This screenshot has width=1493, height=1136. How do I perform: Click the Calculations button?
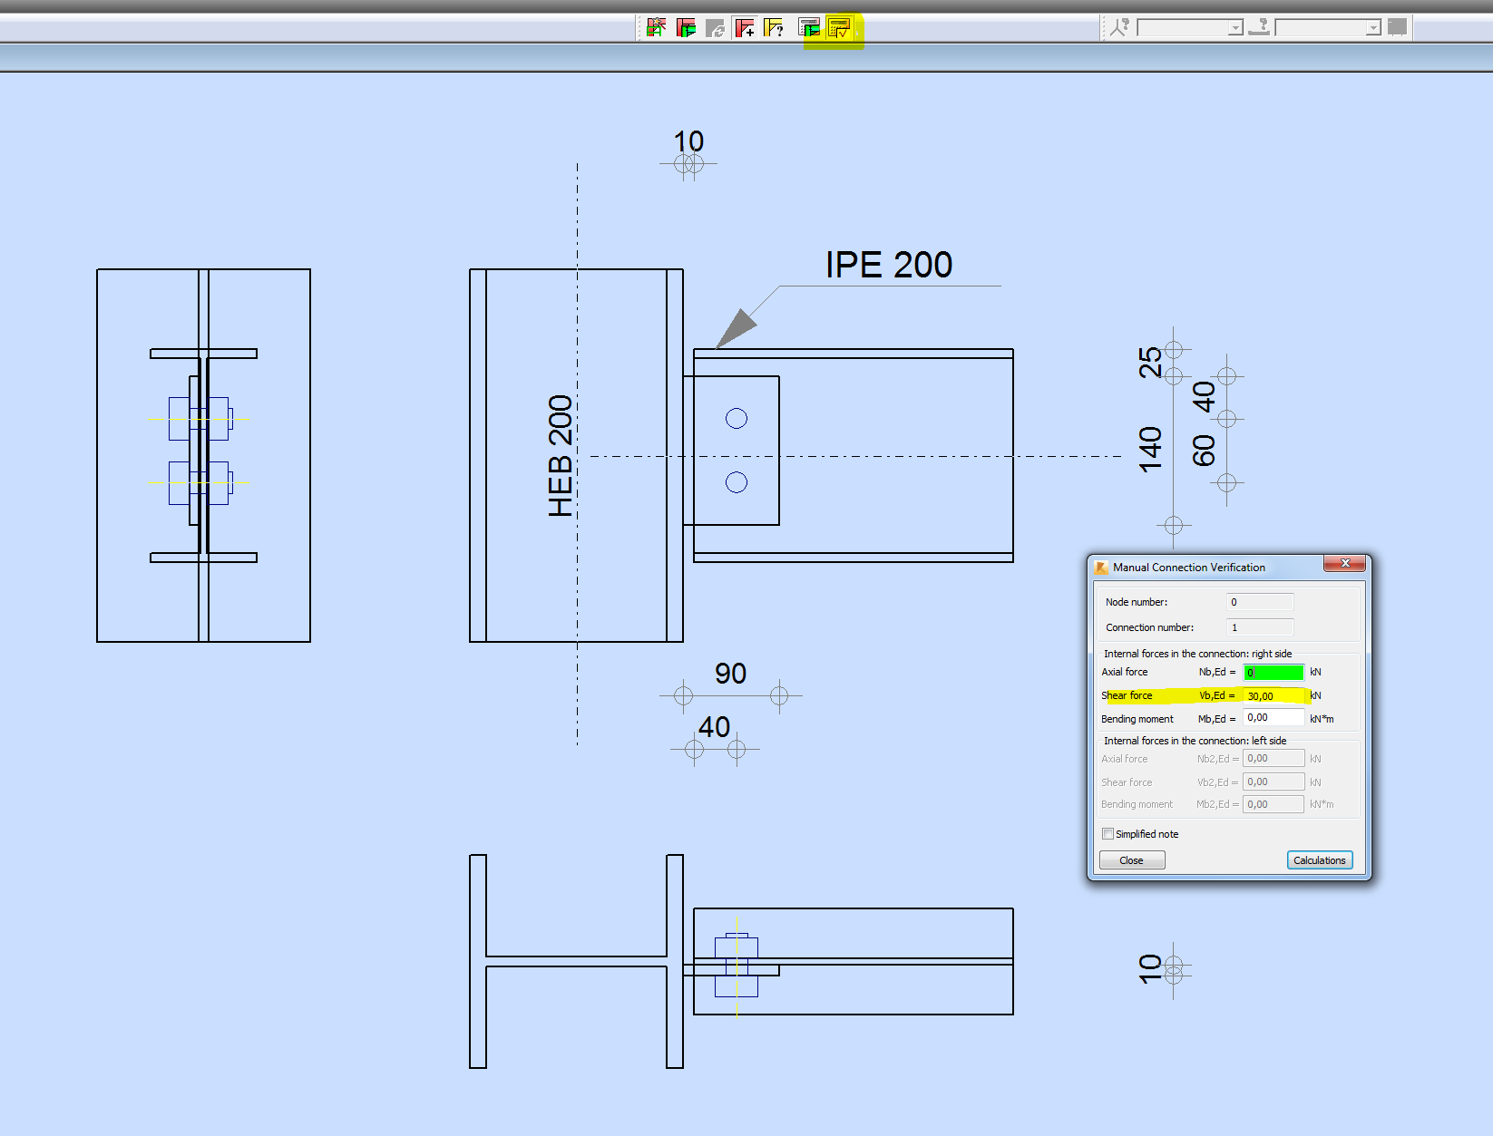pyautogui.click(x=1319, y=860)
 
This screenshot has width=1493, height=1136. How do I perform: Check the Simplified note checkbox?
pyautogui.click(x=1108, y=834)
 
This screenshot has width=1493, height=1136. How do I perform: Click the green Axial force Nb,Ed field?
pyautogui.click(x=1273, y=673)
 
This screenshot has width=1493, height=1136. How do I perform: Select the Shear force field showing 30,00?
pyautogui.click(x=1273, y=696)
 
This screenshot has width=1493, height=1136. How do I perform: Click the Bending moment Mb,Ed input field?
pyautogui.click(x=1273, y=718)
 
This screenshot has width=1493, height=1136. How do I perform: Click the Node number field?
pyautogui.click(x=1260, y=602)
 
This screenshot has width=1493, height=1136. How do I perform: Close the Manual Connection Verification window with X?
pyautogui.click(x=1345, y=564)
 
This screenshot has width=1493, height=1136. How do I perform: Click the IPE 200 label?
pyautogui.click(x=888, y=266)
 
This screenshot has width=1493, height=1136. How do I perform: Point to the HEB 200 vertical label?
pyautogui.click(x=561, y=456)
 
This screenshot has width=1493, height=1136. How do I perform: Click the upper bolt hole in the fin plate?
pyautogui.click(x=737, y=418)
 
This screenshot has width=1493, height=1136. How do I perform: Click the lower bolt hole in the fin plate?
pyautogui.click(x=737, y=482)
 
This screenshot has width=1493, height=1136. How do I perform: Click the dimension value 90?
pyautogui.click(x=730, y=674)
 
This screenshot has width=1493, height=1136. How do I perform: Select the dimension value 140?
pyautogui.click(x=1150, y=450)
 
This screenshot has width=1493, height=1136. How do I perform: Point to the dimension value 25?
pyautogui.click(x=1150, y=363)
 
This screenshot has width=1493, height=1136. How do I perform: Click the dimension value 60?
pyautogui.click(x=1204, y=451)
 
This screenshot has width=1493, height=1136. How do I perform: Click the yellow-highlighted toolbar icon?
pyautogui.click(x=839, y=28)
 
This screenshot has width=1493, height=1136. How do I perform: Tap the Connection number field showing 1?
pyautogui.click(x=1260, y=627)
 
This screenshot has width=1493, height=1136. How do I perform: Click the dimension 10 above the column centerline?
pyautogui.click(x=688, y=141)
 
